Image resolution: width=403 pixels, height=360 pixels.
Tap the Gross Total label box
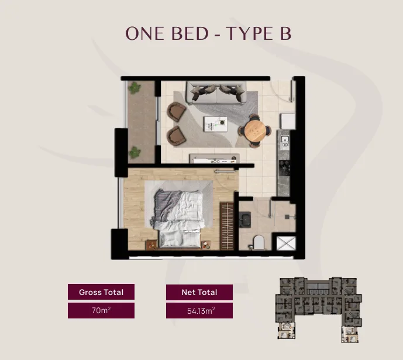101,292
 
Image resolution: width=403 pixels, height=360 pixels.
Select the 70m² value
101,310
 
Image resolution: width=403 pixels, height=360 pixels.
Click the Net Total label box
199,292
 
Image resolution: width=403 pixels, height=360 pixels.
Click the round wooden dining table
254,131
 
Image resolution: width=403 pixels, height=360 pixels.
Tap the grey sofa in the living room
216,92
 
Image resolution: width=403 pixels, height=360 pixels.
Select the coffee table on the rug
215,124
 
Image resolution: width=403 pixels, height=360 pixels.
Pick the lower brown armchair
176,136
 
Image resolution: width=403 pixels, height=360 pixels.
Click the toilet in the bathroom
258,242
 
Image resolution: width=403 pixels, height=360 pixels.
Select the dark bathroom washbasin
245,220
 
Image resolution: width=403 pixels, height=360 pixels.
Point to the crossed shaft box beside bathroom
286,243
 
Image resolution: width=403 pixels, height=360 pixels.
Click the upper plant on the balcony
135,88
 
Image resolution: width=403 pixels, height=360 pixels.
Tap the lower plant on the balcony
135,152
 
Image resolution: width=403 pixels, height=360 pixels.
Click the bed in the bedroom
178,219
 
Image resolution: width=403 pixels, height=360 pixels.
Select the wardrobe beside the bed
227,226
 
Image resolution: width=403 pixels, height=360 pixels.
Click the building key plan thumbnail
318,310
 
